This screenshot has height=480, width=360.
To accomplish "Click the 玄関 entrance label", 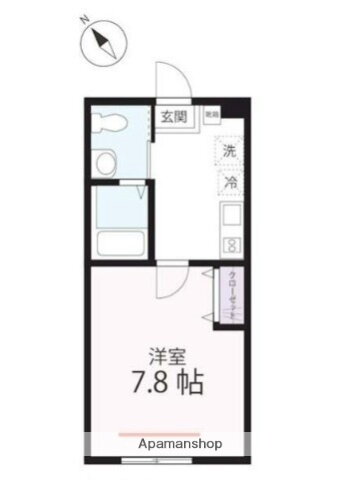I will pos(174,117).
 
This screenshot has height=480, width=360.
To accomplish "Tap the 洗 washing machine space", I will pos(230,153).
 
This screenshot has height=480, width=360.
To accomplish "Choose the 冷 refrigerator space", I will pos(230,183).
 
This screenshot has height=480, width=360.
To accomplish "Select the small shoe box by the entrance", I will pos(211,116).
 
